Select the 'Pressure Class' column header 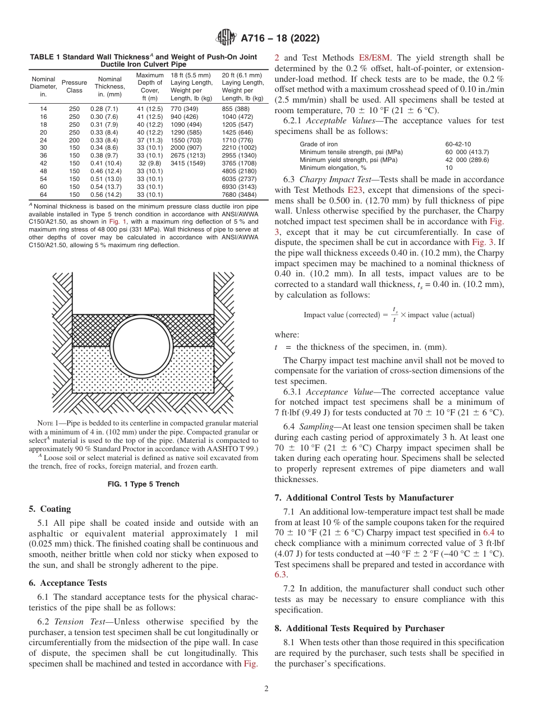click(74, 86)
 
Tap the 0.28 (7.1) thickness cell click(104, 108)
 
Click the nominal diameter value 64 click(44, 195)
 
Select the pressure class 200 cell click(74, 140)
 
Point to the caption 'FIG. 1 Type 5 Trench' click(144, 484)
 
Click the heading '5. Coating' click(50, 509)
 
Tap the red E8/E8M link click(375, 57)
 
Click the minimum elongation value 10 click(449, 168)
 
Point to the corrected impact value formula click(389, 314)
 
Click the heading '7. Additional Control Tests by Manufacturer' click(364, 498)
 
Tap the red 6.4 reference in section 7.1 click(489, 533)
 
